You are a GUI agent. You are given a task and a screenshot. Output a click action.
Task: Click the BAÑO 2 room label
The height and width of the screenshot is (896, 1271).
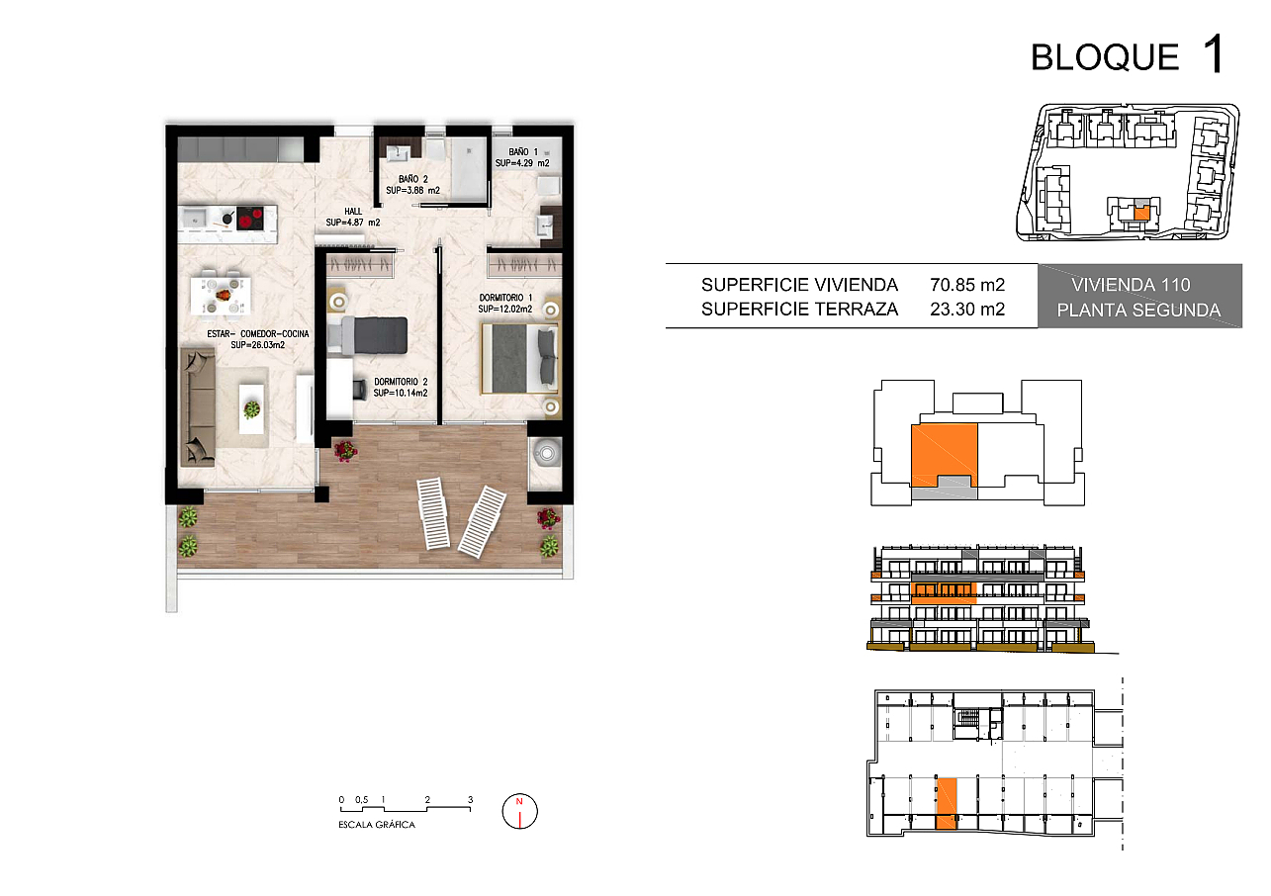click(413, 179)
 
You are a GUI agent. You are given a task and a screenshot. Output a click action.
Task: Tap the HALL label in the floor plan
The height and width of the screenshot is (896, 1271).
click(353, 211)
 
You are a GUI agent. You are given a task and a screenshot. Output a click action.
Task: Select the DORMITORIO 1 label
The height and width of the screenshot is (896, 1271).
click(505, 298)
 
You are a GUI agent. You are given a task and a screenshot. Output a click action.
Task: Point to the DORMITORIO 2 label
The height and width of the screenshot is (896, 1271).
click(401, 382)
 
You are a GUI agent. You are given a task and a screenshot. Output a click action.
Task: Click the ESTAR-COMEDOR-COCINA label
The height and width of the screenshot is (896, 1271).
click(258, 333)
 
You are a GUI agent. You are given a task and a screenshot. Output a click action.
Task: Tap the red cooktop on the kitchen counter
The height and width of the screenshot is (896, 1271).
click(250, 218)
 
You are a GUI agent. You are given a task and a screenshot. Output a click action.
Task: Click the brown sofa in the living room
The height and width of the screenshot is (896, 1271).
click(198, 407)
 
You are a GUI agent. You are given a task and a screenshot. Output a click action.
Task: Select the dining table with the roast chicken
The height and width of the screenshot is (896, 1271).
click(221, 295)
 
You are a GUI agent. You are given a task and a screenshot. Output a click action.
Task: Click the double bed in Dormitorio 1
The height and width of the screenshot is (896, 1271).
click(519, 358)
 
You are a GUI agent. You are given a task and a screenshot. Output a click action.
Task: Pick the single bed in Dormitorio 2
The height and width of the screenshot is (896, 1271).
click(368, 336)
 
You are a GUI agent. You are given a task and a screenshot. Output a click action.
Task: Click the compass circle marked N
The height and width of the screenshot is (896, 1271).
click(519, 811)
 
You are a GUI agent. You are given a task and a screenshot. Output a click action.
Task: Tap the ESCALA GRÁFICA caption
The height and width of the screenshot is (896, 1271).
click(377, 825)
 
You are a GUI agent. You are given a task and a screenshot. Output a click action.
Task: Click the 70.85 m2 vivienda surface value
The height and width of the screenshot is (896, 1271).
click(967, 284)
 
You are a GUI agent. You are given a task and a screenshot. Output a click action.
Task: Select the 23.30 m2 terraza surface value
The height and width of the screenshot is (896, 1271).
click(967, 310)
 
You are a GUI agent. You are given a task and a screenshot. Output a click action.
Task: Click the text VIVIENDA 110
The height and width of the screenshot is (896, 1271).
click(1131, 284)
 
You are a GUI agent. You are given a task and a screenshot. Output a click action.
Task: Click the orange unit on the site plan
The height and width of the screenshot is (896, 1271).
click(1141, 213)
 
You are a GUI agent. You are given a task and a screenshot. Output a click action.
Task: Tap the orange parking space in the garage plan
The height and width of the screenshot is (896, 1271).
click(946, 803)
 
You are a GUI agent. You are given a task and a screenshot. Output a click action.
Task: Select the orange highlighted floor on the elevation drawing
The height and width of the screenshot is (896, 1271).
click(944, 592)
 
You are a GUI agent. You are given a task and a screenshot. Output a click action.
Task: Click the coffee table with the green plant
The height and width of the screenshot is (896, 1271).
click(251, 408)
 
